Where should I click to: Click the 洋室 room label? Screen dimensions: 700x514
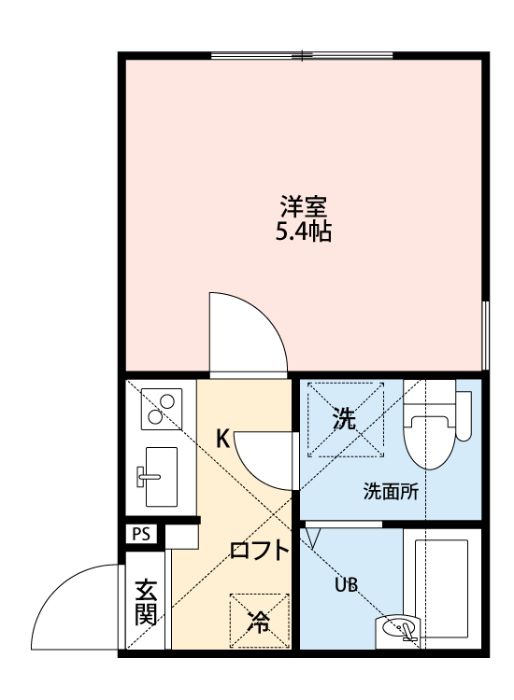point(304,204)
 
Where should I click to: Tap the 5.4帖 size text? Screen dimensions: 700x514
point(304,231)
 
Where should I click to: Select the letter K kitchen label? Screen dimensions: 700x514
point(223,437)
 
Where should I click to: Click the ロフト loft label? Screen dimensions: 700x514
point(260,550)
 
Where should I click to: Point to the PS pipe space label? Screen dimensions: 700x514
point(141,535)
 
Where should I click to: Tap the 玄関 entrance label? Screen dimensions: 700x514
point(145,602)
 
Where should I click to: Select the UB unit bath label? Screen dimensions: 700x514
point(346,585)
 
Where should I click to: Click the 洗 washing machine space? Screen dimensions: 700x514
point(346,419)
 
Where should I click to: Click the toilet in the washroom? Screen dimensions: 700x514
point(437,428)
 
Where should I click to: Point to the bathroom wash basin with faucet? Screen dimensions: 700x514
point(403,632)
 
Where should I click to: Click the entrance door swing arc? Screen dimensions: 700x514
point(75,607)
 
